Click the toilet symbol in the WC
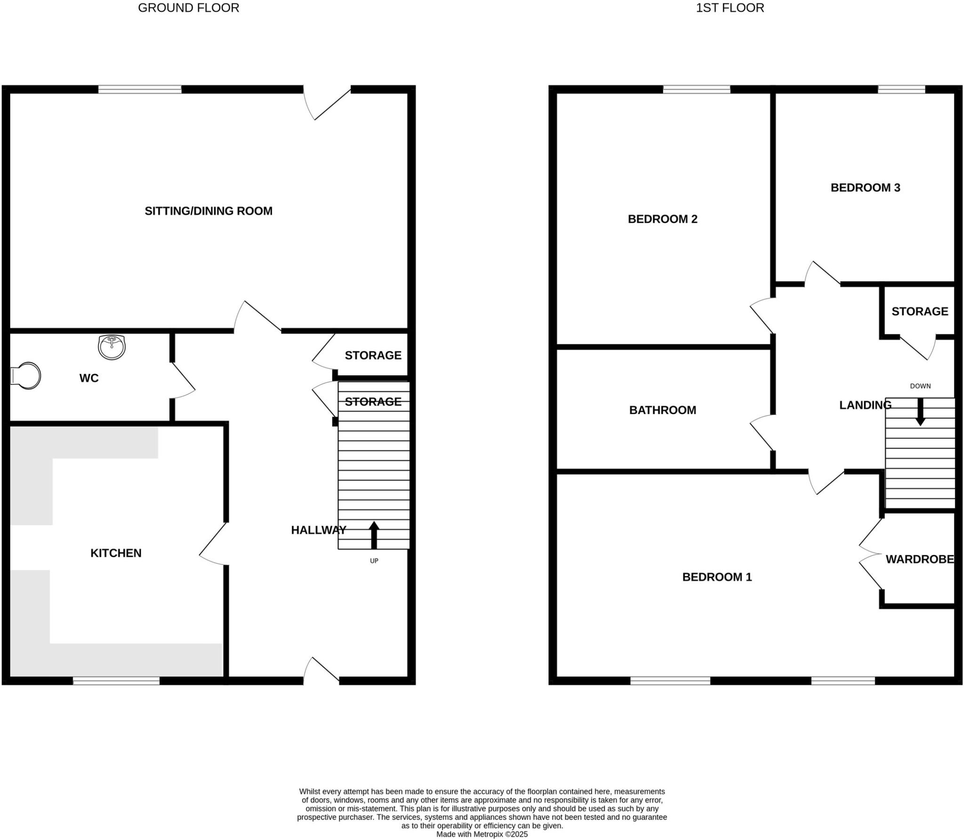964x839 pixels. (x=26, y=375)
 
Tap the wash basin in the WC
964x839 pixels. (x=112, y=347)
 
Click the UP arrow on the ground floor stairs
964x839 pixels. (x=374, y=535)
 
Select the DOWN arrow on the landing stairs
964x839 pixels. (x=920, y=412)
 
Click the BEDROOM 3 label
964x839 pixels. (x=865, y=187)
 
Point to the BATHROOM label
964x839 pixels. (x=662, y=410)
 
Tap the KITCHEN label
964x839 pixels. (x=116, y=553)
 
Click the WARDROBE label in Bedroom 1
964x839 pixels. (x=919, y=559)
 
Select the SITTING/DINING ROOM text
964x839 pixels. (x=208, y=211)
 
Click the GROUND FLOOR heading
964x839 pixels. (x=188, y=8)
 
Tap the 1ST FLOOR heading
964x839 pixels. (x=730, y=8)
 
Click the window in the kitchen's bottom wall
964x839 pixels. (x=116, y=680)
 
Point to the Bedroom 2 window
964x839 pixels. (x=697, y=89)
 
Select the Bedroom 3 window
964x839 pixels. (x=901, y=89)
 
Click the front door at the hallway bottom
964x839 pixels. (x=321, y=671)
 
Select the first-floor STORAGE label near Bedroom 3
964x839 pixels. (x=919, y=311)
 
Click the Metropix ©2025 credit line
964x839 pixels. (x=482, y=834)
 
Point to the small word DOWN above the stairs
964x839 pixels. (x=920, y=386)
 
